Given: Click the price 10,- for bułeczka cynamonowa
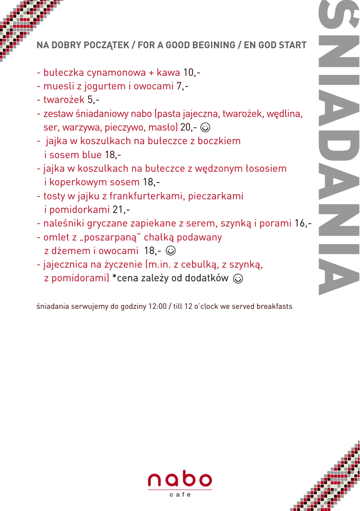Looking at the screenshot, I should coord(191,72).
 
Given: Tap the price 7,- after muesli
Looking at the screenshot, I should coord(182,86).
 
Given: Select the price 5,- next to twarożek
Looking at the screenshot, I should coord(94,100).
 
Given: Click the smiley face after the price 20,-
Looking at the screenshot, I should coord(205,127).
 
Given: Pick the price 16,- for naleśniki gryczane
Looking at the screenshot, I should coord(303,223).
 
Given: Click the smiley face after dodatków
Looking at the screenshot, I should coord(238,278).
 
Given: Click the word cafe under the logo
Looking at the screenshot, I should coord(180,495).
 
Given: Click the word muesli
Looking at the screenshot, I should coord(59,86).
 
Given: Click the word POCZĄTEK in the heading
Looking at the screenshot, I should coord(101,45).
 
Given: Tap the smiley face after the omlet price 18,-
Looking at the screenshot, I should coord(171,251).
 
